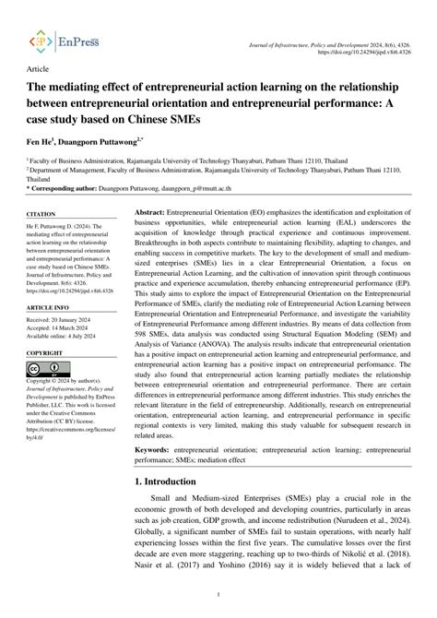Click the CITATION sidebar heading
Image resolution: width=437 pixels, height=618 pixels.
(42, 239)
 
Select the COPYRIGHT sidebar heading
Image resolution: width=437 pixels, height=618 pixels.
(45, 353)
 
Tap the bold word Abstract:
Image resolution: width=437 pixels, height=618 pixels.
(149, 238)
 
